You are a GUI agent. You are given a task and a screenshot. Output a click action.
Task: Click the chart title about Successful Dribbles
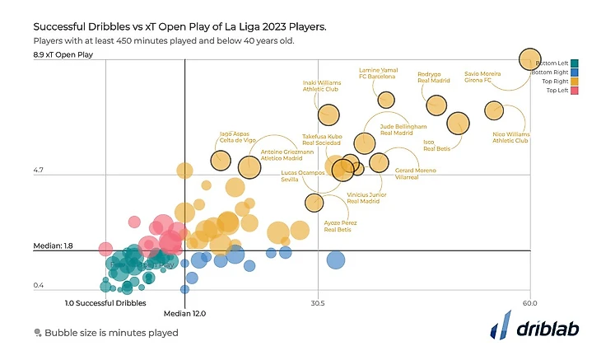click(x=179, y=27)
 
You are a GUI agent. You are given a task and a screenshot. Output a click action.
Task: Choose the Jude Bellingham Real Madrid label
click(x=397, y=129)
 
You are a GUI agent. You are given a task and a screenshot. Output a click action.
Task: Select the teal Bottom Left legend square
click(x=575, y=63)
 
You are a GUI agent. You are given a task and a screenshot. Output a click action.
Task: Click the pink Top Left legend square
click(x=575, y=90)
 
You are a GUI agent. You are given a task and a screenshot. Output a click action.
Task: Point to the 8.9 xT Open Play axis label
click(x=64, y=55)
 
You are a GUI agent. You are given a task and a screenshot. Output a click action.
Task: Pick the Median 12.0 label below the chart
click(x=184, y=314)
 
